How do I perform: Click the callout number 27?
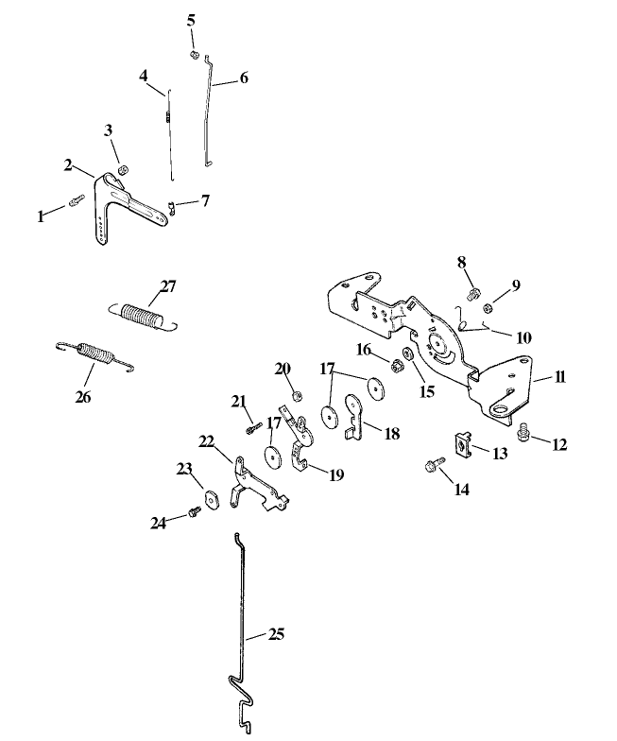168,285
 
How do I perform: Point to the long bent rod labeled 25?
236,614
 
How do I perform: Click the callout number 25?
276,633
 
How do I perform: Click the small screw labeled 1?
76,200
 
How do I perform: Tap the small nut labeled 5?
193,54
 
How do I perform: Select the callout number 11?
560,376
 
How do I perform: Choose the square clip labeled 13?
464,441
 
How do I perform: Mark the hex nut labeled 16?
387,362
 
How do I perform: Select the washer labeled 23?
207,496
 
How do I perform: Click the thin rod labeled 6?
210,113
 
